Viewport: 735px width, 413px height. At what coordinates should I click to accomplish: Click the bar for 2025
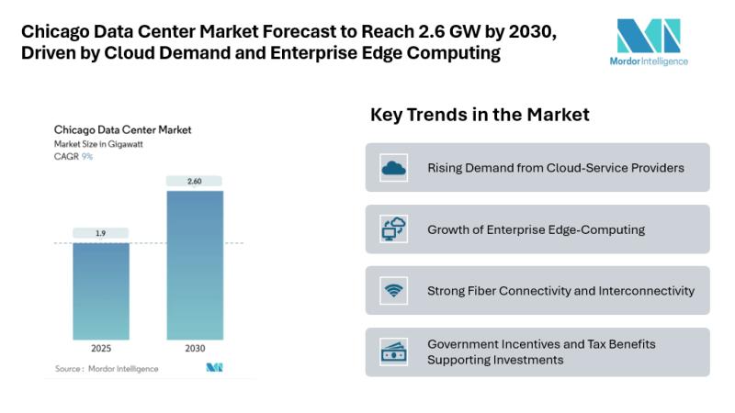[101, 291]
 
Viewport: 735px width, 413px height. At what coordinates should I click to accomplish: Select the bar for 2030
[194, 265]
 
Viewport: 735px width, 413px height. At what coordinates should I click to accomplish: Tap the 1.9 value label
[101, 233]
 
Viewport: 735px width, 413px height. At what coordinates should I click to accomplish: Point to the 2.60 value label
[194, 182]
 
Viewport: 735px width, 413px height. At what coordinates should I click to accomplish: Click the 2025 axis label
[101, 349]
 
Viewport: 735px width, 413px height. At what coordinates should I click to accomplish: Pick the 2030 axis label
[194, 349]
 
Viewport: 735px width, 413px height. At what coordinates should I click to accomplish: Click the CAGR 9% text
[73, 157]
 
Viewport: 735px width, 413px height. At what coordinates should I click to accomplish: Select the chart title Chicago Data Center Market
[122, 130]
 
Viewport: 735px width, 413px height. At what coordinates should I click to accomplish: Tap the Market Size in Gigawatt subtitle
[98, 144]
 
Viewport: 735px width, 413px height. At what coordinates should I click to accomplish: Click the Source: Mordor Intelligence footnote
[107, 368]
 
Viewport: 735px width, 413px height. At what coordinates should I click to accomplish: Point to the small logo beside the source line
[214, 368]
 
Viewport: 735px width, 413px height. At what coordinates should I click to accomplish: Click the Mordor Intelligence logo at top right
[650, 40]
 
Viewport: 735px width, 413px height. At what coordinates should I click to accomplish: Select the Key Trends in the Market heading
[480, 115]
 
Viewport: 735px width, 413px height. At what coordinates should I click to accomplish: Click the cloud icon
[394, 168]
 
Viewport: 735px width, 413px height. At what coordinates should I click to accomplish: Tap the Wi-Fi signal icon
[394, 291]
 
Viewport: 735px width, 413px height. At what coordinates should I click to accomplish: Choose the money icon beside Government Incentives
[394, 352]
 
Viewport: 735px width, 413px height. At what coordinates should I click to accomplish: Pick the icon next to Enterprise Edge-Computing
[394, 229]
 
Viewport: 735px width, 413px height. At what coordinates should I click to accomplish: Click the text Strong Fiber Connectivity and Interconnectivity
[560, 291]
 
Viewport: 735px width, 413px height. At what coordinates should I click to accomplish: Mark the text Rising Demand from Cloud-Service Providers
[555, 168]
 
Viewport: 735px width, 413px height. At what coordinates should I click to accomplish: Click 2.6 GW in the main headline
[405, 32]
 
